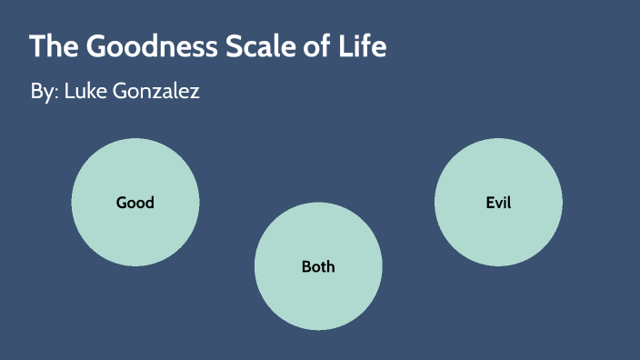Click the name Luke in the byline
click(x=85, y=92)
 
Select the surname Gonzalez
click(x=157, y=93)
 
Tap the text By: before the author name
click(x=43, y=93)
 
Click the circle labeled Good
click(x=135, y=227)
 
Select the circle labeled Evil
click(x=498, y=227)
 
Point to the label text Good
click(x=135, y=203)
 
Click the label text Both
click(x=318, y=266)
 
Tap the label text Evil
click(x=498, y=202)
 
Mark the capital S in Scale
click(x=230, y=46)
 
